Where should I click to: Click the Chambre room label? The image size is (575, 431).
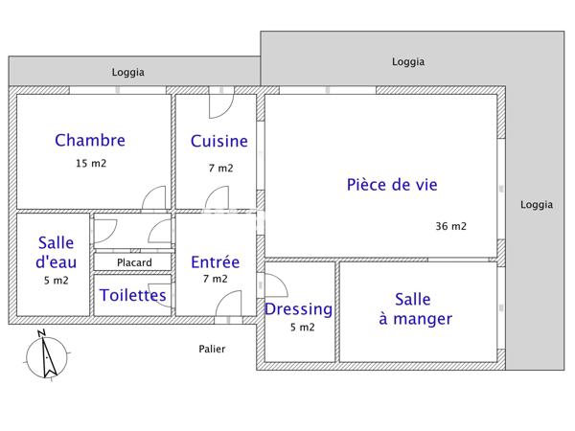tap(90, 141)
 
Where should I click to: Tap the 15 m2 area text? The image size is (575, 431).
tap(91, 163)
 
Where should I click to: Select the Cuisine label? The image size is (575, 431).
tap(218, 142)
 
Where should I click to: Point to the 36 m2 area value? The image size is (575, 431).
tap(450, 227)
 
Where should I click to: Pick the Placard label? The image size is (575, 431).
tap(133, 262)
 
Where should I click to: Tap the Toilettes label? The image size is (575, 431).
tap(132, 295)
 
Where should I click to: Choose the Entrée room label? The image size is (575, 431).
tap(215, 261)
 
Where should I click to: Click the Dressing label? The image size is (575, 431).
tap(298, 309)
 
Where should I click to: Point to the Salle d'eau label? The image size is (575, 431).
tap(56, 252)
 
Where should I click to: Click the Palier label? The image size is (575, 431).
tap(212, 349)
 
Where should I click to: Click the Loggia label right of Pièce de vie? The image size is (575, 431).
tap(536, 204)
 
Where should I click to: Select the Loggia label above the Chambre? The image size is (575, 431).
tap(128, 72)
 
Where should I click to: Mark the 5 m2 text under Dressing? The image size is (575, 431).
tap(302, 328)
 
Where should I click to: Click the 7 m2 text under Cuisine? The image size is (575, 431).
tap(220, 168)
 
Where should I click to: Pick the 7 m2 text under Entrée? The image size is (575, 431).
tap(215, 279)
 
